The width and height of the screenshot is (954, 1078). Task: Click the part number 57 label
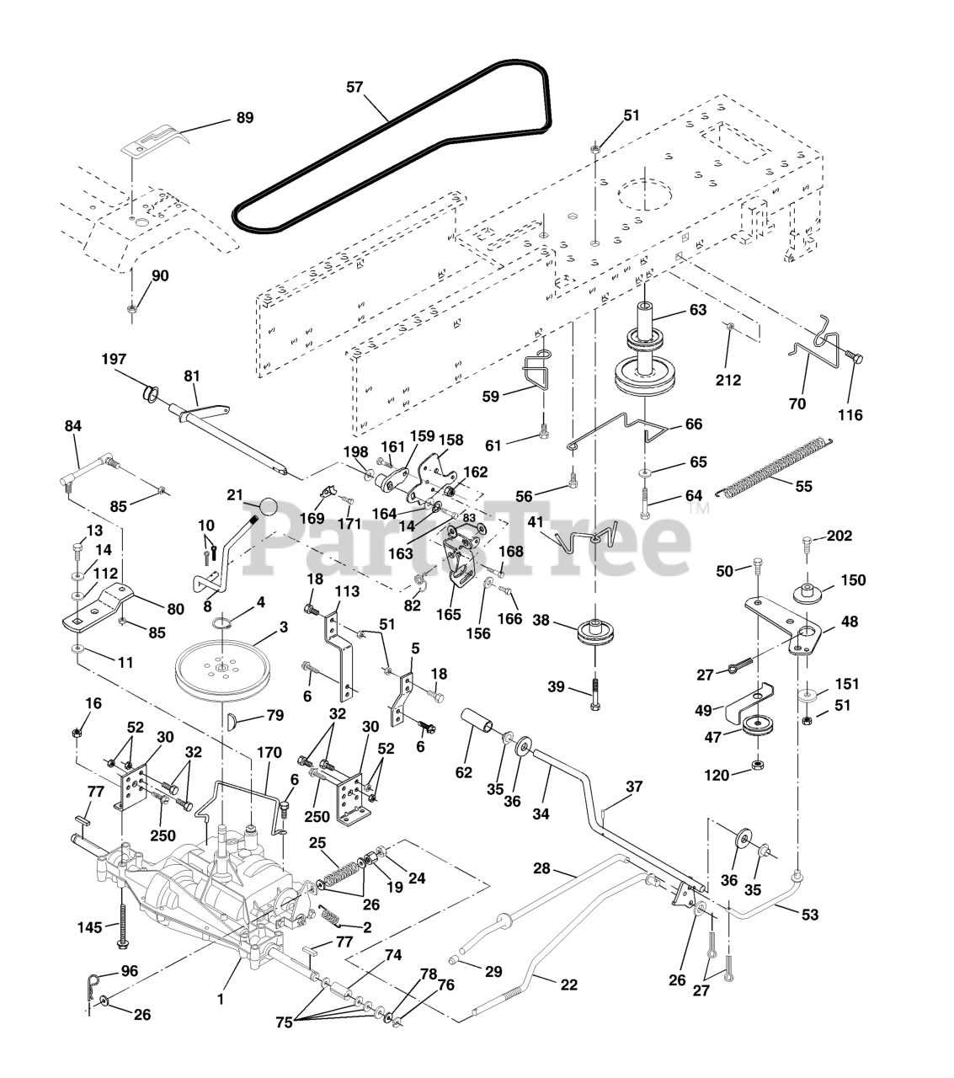355,86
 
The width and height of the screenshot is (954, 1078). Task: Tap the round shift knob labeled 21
268,508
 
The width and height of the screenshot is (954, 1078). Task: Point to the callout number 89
243,118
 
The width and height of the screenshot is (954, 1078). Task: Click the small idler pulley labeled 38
595,633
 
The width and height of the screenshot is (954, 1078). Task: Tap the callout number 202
839,536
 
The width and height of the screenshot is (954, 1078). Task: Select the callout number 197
114,359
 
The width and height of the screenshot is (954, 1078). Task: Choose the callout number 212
728,380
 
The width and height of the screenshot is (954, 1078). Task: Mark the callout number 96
128,970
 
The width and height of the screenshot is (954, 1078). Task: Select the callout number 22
569,985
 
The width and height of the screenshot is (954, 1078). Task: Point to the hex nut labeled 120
756,765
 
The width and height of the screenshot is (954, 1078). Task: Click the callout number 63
697,309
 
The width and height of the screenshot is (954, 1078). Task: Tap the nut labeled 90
132,309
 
